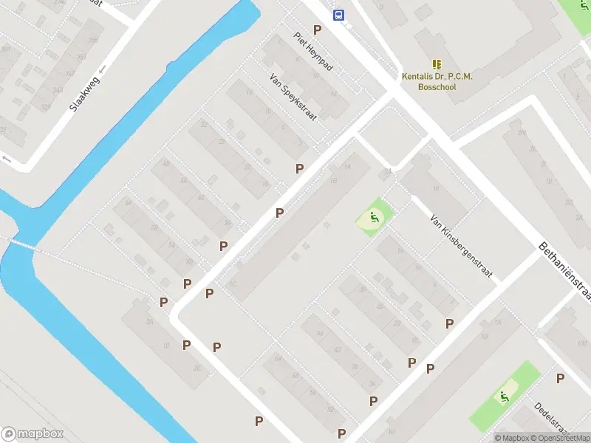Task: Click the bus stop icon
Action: coord(338,15)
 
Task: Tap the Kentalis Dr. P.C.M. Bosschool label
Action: coord(437,81)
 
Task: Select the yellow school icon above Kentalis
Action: coord(437,64)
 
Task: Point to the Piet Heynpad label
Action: coord(314,51)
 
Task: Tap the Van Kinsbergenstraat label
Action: coord(462,247)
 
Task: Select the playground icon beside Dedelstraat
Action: coord(505,396)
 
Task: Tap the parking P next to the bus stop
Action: coord(318,30)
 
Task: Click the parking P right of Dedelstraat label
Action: coord(561,379)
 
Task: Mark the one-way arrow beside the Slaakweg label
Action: coord(102,69)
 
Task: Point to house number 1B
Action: coord(334,180)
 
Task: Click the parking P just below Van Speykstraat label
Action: coord(299,168)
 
